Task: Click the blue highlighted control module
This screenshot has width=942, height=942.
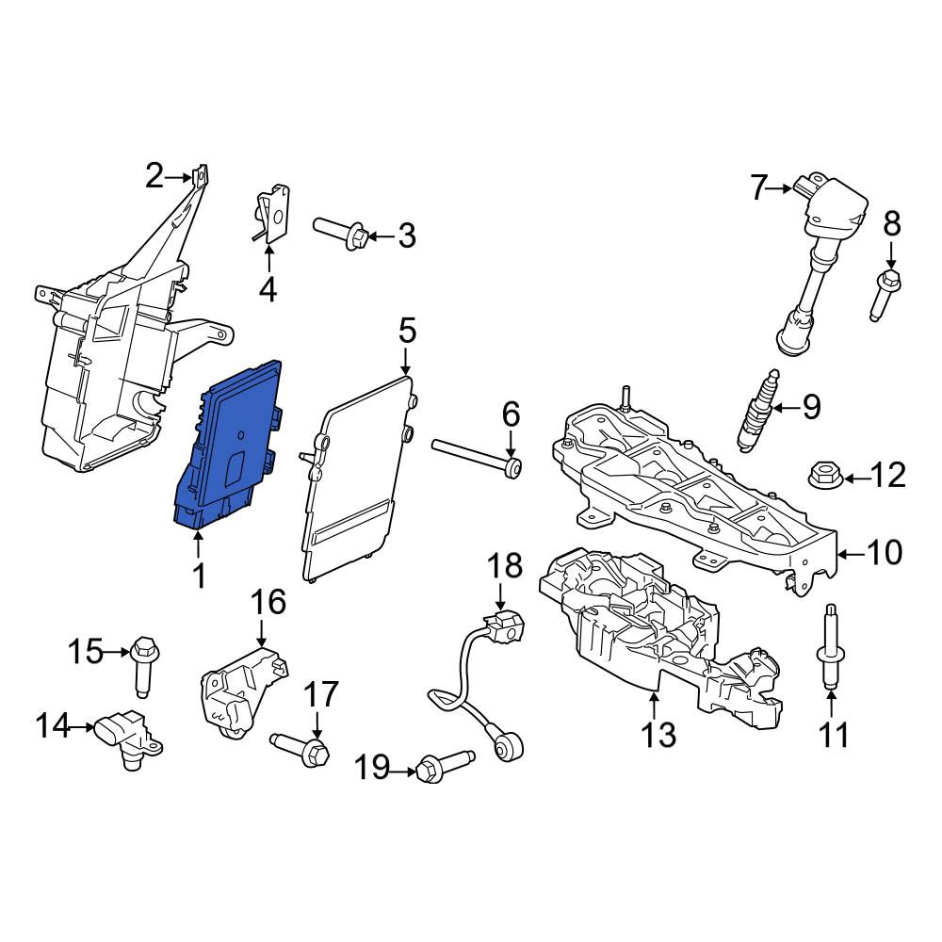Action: [x=227, y=446]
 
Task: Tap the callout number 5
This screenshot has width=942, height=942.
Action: [x=407, y=332]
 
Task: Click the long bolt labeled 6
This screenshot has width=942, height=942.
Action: [x=476, y=456]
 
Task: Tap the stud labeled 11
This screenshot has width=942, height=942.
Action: [x=831, y=647]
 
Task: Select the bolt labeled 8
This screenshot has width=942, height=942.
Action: [x=885, y=296]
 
